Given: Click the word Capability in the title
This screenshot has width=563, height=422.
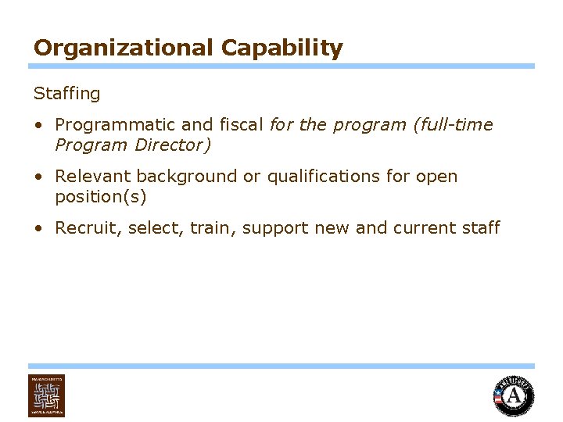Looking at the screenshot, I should pos(281,48).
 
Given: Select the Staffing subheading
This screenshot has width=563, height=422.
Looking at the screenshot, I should pos(67,94).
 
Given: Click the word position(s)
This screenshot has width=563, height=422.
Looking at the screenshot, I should pos(101,197).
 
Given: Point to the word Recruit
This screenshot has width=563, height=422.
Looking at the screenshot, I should pos(87,228).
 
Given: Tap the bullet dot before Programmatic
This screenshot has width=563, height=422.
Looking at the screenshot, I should pos(38,125).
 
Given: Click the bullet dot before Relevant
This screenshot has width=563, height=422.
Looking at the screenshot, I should pos(38,177).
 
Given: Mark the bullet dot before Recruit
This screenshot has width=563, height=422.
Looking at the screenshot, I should pos(38,228).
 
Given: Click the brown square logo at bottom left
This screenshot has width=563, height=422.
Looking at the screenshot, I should pos(47,395).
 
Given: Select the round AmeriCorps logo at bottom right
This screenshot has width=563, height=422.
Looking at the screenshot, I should pos(514,396).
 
